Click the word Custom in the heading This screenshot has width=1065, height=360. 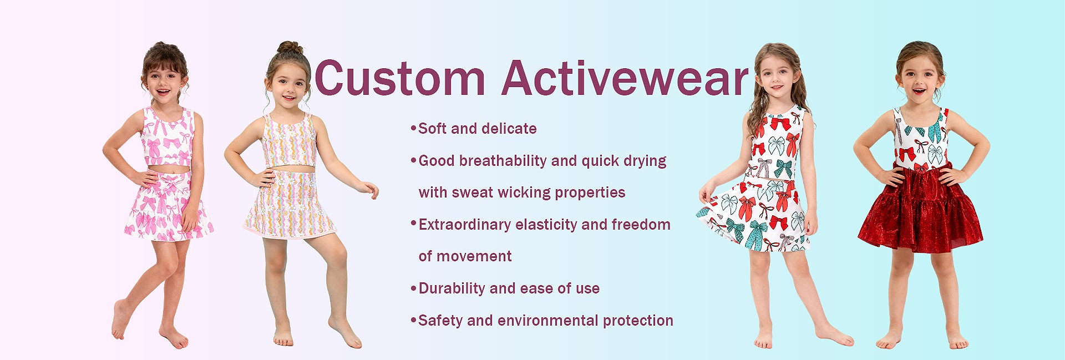point(400,78)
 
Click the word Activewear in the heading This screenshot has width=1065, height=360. point(625,78)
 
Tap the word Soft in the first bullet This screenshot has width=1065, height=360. point(432,129)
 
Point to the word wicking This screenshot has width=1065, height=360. point(524,192)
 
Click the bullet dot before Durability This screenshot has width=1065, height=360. point(413,288)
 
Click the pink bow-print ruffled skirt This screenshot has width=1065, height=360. point(168,206)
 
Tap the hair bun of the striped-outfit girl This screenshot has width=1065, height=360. point(291,48)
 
